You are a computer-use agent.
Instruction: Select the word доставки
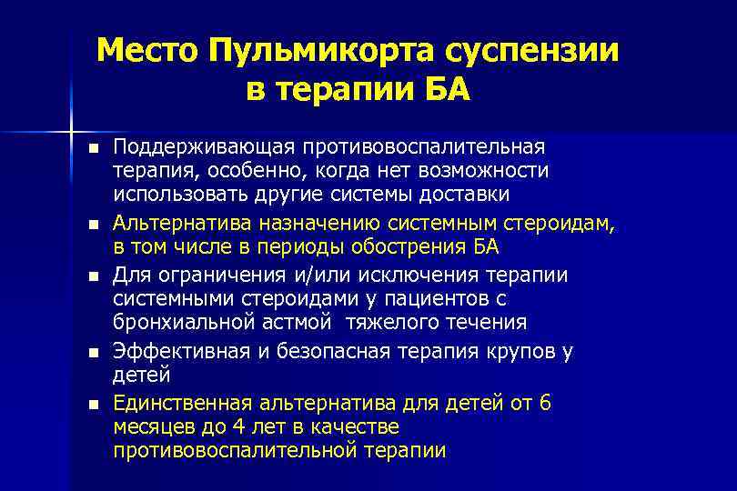click(460, 195)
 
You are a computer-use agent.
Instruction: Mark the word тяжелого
click(401, 321)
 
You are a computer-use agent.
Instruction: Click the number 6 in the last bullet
click(544, 402)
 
